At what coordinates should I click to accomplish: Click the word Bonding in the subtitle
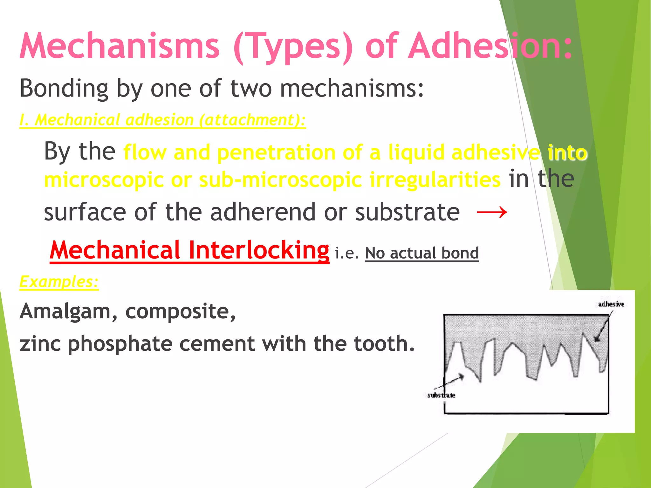[64, 89]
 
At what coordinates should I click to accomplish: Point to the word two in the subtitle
[251, 89]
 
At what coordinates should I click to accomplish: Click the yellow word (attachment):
[252, 120]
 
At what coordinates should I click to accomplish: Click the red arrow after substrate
[492, 212]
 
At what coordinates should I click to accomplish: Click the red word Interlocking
[258, 250]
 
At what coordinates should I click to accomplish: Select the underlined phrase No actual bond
[422, 253]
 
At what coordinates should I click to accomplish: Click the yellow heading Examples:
[59, 282]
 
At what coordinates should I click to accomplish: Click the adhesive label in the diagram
[611, 304]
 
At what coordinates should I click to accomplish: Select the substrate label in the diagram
[441, 395]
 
